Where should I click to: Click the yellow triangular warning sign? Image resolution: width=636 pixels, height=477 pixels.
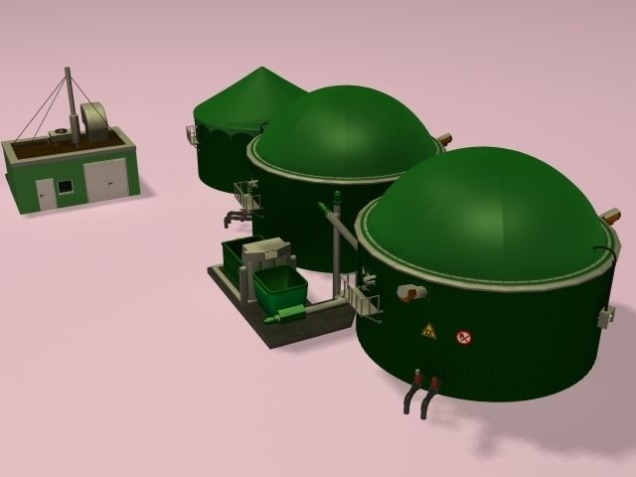coord(428,331)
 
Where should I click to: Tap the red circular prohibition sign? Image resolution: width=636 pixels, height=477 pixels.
coord(463,338)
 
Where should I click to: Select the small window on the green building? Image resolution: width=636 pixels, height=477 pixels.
coord(65,185)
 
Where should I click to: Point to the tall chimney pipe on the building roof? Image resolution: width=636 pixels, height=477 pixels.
coord(69,100)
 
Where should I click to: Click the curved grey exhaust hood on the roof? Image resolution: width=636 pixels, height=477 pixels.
coord(95,120)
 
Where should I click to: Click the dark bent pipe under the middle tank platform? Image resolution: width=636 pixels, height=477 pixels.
coord(237,216)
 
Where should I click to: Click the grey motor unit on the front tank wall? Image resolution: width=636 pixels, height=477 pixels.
coord(409,292)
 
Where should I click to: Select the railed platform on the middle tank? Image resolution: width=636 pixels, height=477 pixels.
coord(247,194)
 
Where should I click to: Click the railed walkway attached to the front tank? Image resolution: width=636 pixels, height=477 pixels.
coord(359,297)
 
